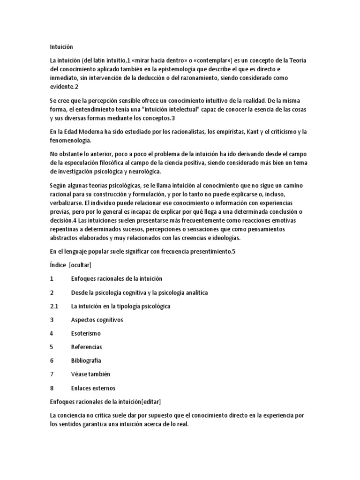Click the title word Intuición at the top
coord(61,47)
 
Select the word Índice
coord(58,265)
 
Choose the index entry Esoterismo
coord(86,333)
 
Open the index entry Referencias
coord(86,347)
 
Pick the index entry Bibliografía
coord(86,360)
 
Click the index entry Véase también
coord(90,374)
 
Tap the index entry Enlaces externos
coord(93,388)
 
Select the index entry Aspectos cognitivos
coord(97,320)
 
